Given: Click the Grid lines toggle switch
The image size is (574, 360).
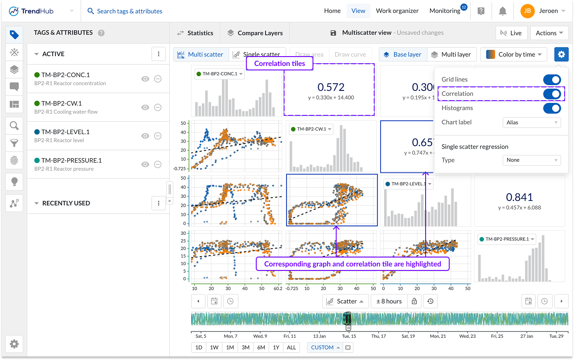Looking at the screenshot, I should click(552, 80).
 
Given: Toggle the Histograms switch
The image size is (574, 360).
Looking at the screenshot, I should click(552, 108).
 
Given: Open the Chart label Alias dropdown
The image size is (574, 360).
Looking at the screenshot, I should click(532, 123).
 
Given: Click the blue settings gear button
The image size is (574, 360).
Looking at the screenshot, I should click(561, 54).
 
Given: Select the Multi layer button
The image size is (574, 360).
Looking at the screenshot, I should click(452, 54).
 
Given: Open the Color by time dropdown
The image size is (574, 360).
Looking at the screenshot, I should click(514, 54).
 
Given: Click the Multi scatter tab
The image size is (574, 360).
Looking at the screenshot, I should click(201, 54).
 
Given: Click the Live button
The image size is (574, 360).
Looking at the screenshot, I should click(511, 33).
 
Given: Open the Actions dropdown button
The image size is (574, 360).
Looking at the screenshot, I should click(549, 33).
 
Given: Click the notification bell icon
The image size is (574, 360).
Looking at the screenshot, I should click(503, 11).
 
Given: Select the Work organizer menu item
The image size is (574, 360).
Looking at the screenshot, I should click(397, 11).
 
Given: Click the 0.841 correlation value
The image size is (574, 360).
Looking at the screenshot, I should click(519, 197).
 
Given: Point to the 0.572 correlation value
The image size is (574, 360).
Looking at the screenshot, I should click(331, 87).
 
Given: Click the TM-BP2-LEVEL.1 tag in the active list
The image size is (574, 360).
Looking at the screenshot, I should click(66, 132).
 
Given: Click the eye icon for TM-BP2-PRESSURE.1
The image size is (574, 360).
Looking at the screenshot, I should click(145, 164).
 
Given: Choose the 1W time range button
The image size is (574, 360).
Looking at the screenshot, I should click(214, 348).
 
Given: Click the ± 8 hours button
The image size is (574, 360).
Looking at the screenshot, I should click(389, 301).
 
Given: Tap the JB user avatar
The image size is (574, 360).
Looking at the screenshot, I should click(527, 11).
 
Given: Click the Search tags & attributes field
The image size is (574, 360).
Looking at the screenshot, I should click(129, 11).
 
